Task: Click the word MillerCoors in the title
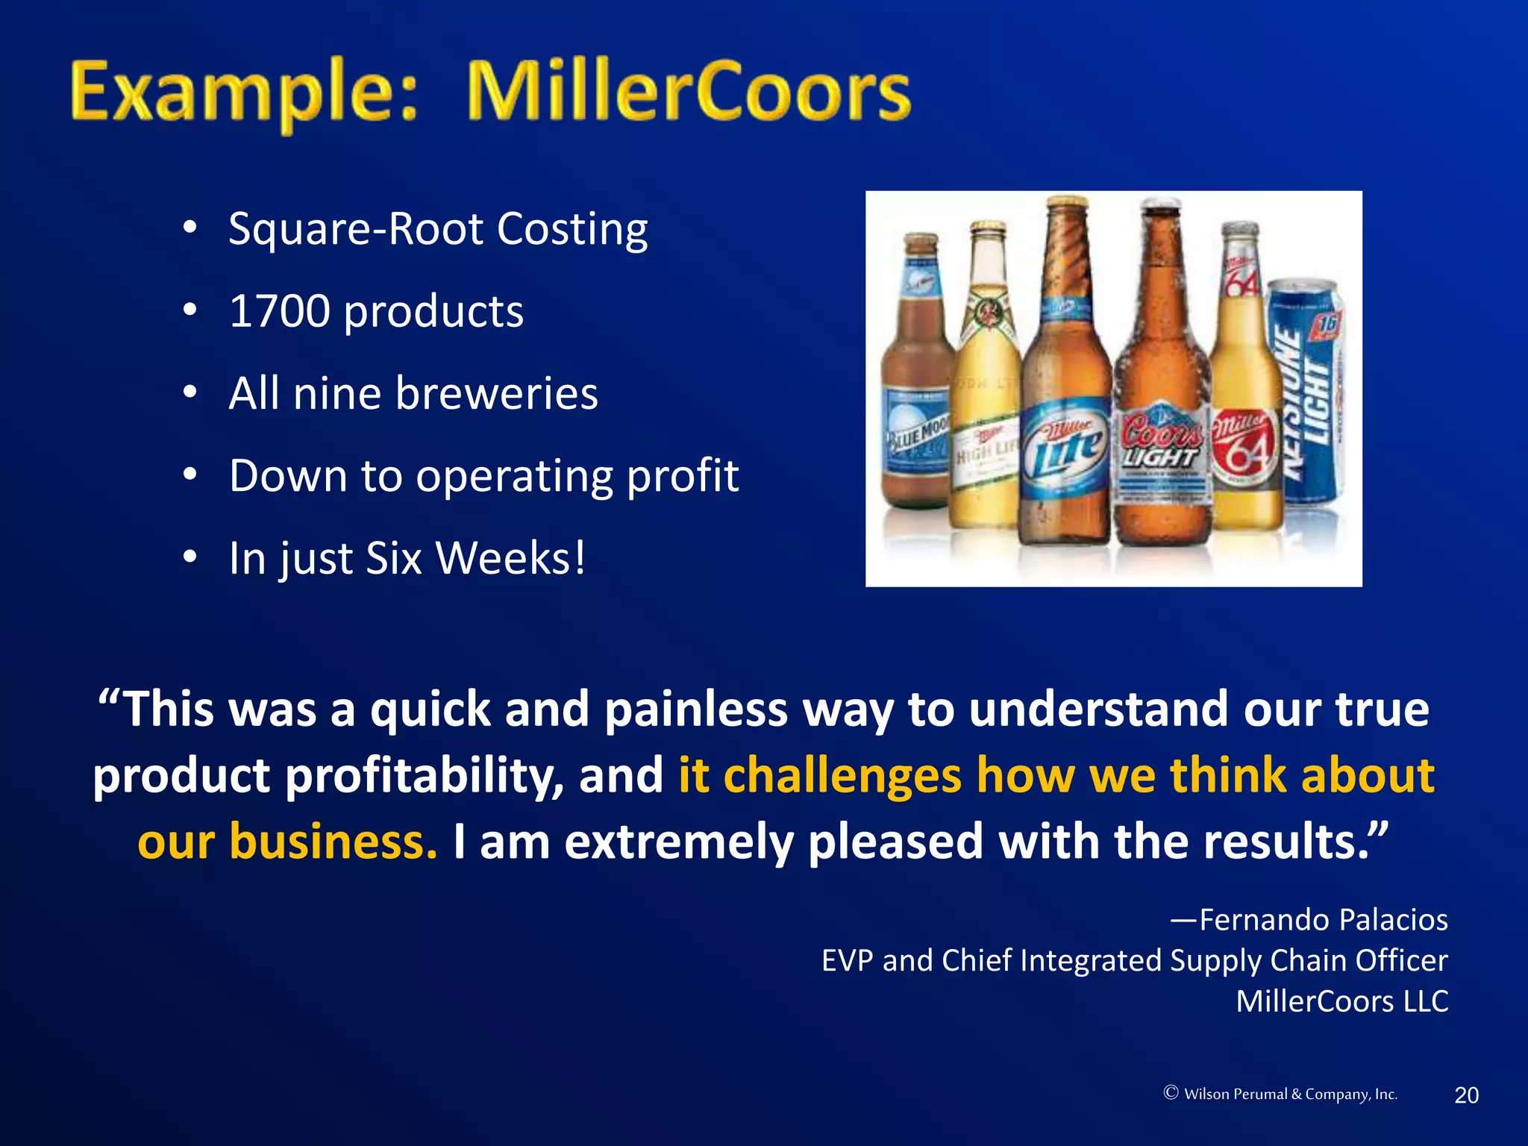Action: point(688,93)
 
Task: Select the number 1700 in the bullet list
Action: point(279,311)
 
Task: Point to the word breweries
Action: point(496,393)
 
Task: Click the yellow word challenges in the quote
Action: point(842,775)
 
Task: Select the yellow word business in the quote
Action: point(333,842)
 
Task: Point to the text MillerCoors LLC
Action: point(1341,1001)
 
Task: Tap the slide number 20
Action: point(1466,1095)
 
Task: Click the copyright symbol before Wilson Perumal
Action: point(1171,1093)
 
